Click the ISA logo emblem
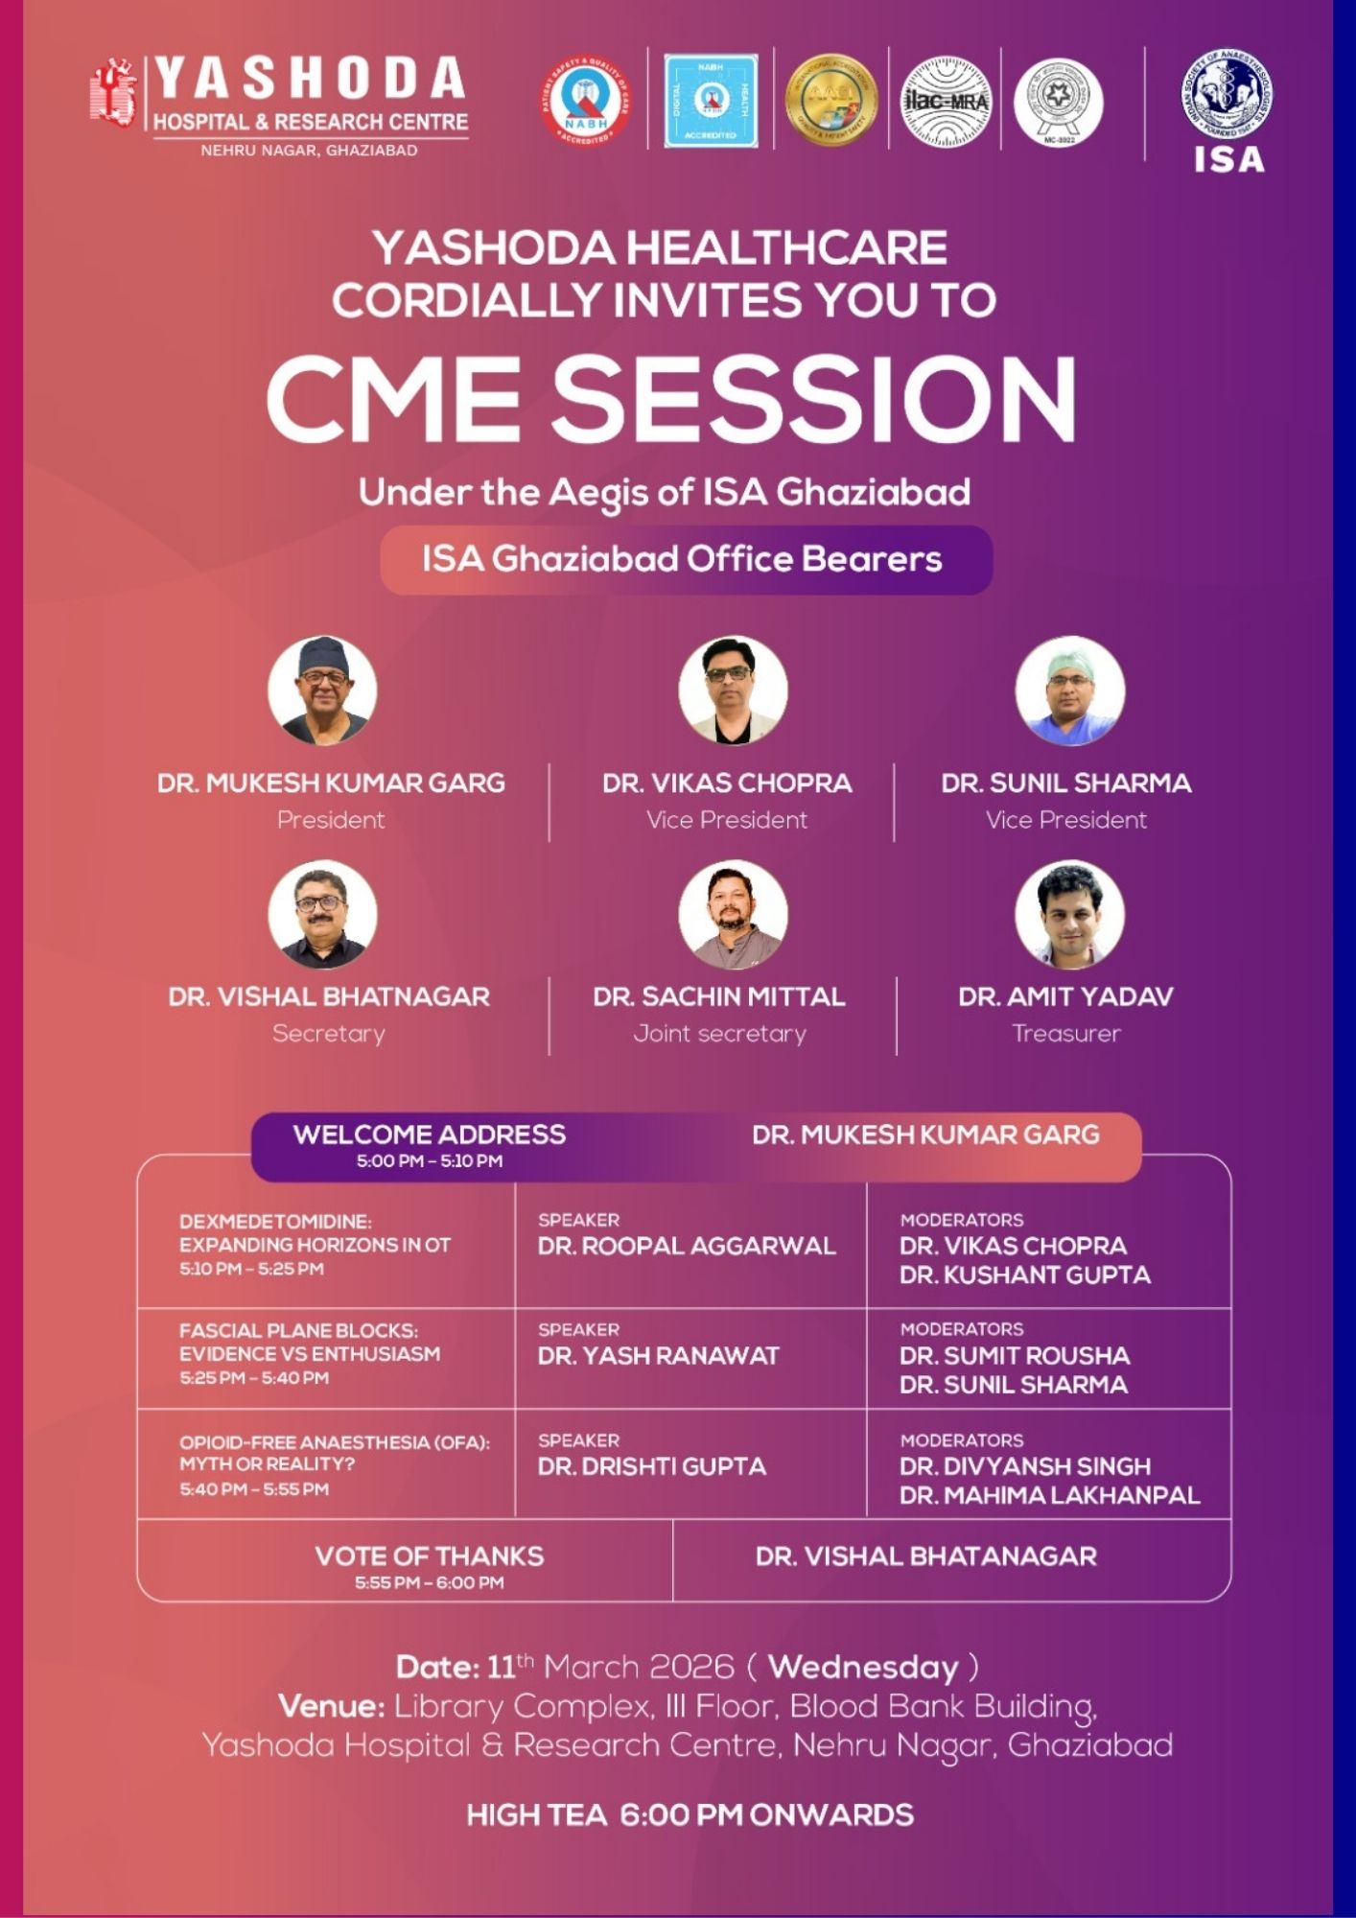[x=1227, y=96]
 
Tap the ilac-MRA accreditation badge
[x=946, y=102]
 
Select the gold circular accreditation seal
[x=831, y=100]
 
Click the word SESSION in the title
[x=813, y=399]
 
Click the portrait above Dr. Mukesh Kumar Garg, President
[x=322, y=690]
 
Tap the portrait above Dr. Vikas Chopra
[x=733, y=690]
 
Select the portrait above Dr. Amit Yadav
[x=1069, y=914]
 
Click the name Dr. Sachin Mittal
[x=719, y=996]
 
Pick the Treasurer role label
[x=1066, y=1034]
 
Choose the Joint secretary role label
[x=719, y=1034]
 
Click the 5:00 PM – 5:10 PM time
[x=430, y=1161]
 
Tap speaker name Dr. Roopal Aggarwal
[x=687, y=1246]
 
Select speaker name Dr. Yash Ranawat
[x=659, y=1356]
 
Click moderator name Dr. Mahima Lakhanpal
[x=1049, y=1495]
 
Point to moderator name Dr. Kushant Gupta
[x=1024, y=1275]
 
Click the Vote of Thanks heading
[x=430, y=1555]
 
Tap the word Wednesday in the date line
[x=863, y=1667]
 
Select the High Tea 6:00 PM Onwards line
[x=690, y=1814]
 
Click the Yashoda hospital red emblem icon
[x=113, y=93]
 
